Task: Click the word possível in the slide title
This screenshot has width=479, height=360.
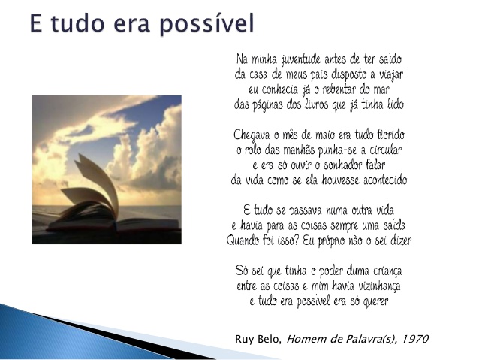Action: (x=206, y=24)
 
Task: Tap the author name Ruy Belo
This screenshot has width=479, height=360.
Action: (x=258, y=339)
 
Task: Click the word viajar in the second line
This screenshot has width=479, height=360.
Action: (x=391, y=75)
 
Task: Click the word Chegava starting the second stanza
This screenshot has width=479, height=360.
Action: (x=252, y=135)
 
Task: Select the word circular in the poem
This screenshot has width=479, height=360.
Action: (x=385, y=150)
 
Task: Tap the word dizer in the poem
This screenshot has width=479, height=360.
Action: (x=401, y=241)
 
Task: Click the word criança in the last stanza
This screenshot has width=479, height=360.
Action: (x=387, y=271)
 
